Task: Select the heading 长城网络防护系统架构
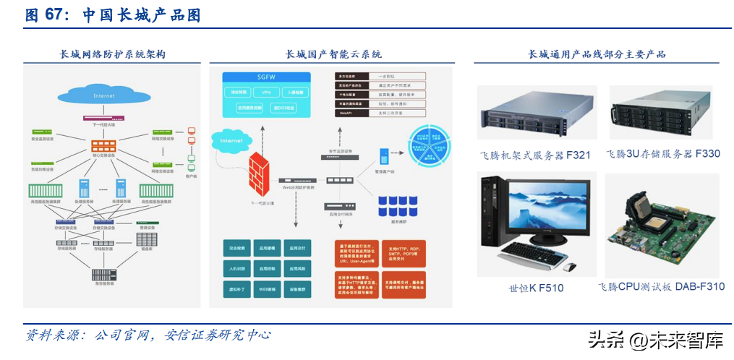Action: click(112, 54)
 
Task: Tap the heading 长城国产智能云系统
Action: click(333, 54)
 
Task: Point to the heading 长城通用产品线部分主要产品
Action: click(597, 54)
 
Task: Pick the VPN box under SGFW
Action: click(266, 93)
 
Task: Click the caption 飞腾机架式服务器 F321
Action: click(535, 155)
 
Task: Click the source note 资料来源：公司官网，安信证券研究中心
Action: click(148, 335)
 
